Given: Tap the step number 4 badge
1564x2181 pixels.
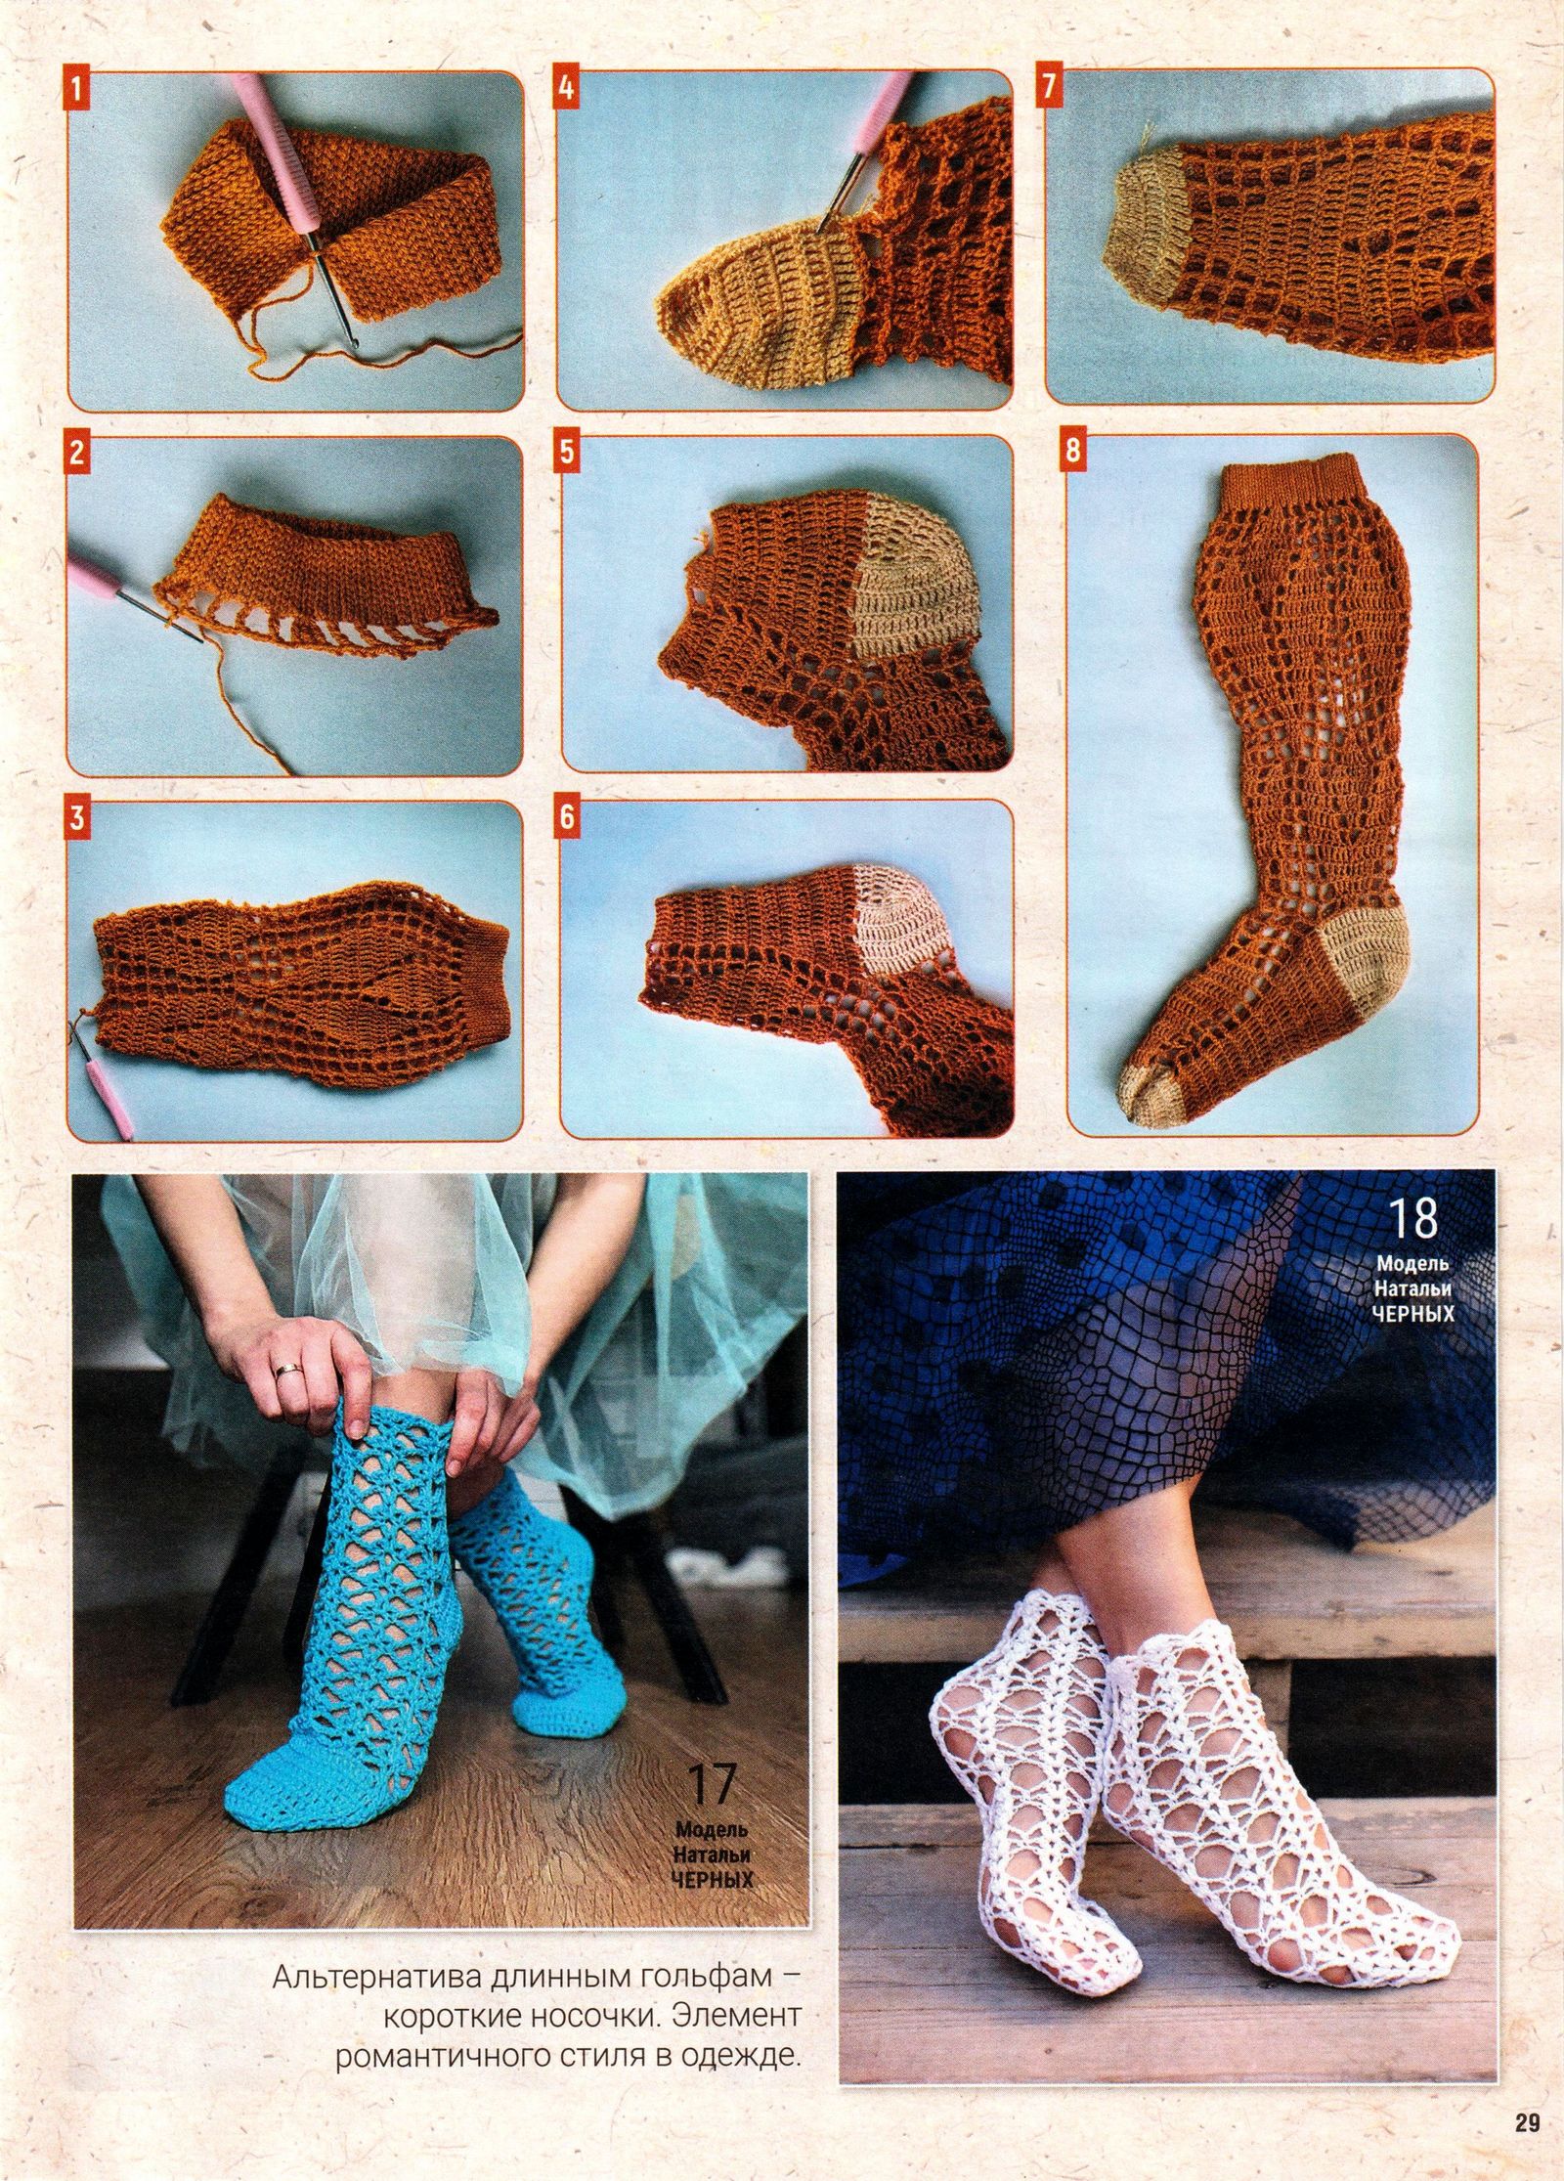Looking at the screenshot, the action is (565, 87).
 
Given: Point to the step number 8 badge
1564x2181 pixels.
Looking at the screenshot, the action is (1074, 452).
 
